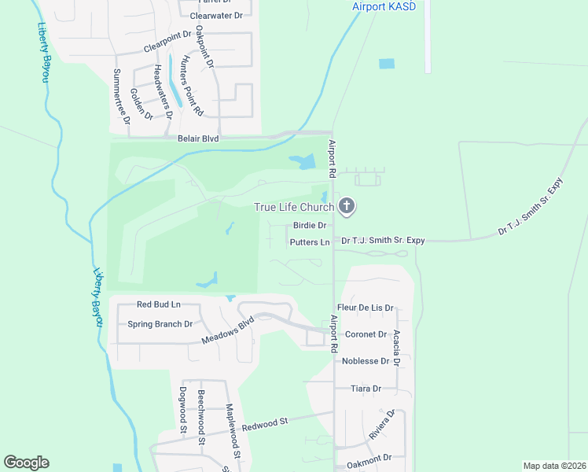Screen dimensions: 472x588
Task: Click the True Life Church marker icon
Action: coord(347,208)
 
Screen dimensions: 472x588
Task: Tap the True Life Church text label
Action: coord(294,208)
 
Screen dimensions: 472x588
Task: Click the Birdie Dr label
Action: coord(306,226)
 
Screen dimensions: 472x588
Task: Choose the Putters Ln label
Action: coord(309,242)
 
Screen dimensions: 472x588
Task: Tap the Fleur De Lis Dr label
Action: coord(365,308)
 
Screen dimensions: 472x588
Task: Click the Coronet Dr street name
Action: coord(366,334)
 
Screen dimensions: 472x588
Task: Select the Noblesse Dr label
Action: coord(366,361)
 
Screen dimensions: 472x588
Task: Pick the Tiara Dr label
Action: coord(366,389)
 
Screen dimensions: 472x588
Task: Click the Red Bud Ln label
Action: coord(159,304)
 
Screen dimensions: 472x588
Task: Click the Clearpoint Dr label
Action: coord(167,42)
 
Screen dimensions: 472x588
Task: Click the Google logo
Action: coord(26,463)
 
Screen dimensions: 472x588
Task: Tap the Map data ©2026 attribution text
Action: coord(554,466)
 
